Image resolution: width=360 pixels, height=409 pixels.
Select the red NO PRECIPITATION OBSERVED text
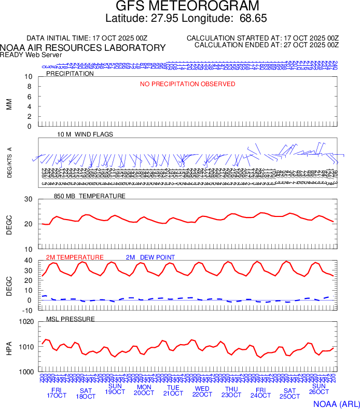tap(187, 84)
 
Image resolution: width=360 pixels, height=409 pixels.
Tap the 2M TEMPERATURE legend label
tap(75, 257)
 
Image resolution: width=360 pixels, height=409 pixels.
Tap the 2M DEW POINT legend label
tap(150, 257)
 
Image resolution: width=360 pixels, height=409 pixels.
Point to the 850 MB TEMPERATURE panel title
tap(89, 196)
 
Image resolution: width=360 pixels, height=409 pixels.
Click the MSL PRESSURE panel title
tap(71, 319)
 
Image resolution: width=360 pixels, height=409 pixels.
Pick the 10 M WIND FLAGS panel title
tap(85, 134)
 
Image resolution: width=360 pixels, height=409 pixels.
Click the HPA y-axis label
tap(9, 347)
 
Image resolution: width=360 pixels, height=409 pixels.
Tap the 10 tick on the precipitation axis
tap(29, 77)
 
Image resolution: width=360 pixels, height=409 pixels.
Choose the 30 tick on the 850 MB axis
tap(29, 199)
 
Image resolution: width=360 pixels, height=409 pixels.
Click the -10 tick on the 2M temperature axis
tap(28, 310)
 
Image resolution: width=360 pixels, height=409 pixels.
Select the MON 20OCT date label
tap(144, 390)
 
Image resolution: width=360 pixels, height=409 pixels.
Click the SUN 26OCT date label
tap(319, 390)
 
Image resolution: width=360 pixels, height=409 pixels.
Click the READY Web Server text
tap(31, 54)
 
